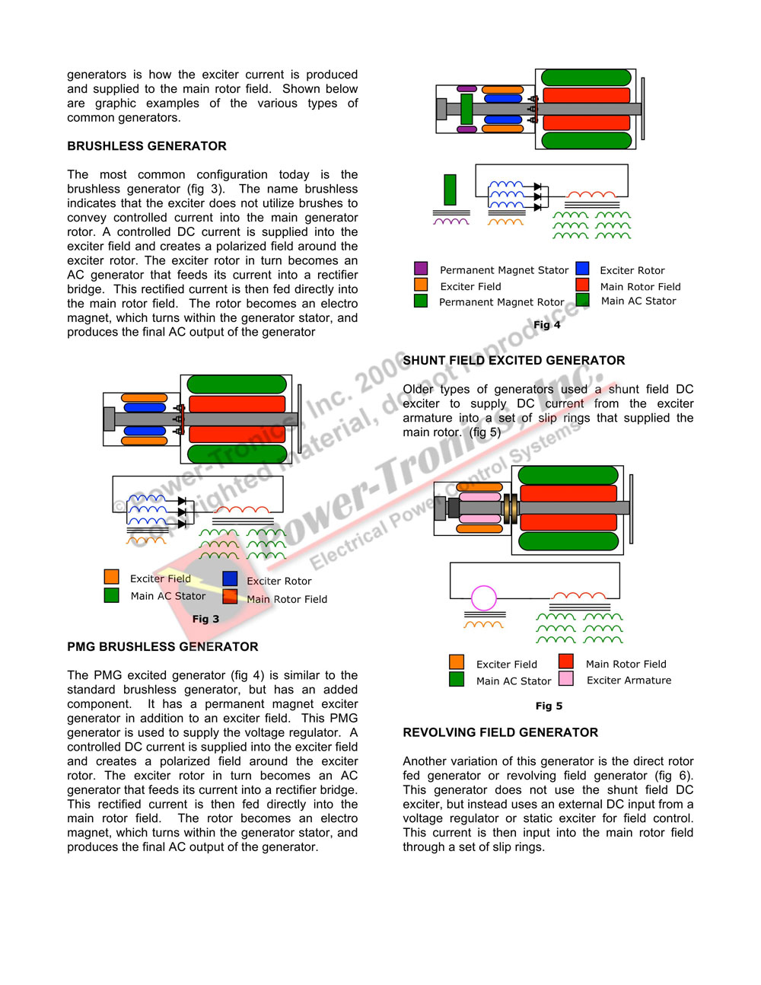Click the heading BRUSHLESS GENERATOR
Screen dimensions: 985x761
coord(147,146)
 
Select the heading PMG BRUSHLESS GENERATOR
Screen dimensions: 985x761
coord(163,647)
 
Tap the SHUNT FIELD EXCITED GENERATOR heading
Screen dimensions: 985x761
coord(514,361)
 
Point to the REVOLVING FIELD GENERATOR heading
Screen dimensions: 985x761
coord(500,732)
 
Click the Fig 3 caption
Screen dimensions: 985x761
coord(205,619)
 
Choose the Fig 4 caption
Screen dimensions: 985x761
coord(546,324)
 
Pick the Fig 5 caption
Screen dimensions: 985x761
coord(549,706)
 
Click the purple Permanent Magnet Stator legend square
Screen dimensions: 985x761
coord(421,269)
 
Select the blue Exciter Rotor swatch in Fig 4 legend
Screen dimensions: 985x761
coord(583,269)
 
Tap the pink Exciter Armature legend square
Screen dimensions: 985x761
coord(566,679)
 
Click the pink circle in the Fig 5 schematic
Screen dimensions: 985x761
coord(484,598)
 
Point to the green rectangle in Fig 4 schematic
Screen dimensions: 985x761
coord(450,190)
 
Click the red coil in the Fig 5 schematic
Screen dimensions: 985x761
coord(579,596)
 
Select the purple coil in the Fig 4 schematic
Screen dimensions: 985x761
coord(451,222)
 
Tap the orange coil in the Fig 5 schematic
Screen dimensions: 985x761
coord(484,625)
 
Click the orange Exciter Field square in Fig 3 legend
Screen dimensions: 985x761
coord(112,577)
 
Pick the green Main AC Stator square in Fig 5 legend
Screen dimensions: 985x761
coord(457,679)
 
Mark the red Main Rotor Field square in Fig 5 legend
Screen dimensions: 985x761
coord(566,661)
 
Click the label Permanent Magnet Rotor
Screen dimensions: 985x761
coord(501,302)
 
